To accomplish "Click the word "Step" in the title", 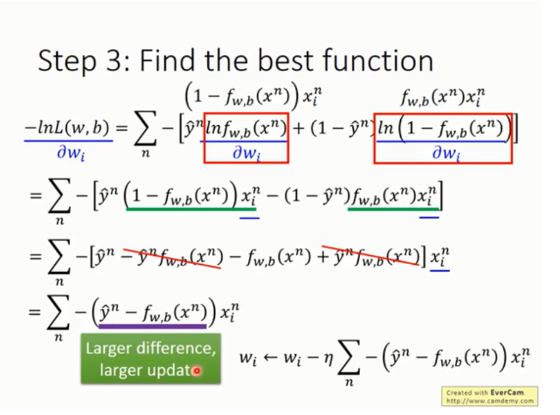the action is coord(66,61).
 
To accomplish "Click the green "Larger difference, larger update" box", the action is coord(151,358).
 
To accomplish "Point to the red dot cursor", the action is coord(197,371).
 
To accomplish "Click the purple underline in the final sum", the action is coord(153,326).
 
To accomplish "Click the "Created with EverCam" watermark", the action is coord(489,396).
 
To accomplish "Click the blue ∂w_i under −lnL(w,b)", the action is coord(71,153).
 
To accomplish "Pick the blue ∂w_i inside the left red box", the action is coord(246,153).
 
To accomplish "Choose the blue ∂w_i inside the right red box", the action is coord(446,153).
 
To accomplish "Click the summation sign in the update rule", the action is coord(349,360).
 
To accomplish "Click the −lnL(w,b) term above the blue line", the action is coord(66,128).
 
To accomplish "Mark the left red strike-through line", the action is coord(172,256).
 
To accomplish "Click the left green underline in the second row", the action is coord(191,209).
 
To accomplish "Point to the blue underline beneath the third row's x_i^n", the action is coord(439,271).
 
